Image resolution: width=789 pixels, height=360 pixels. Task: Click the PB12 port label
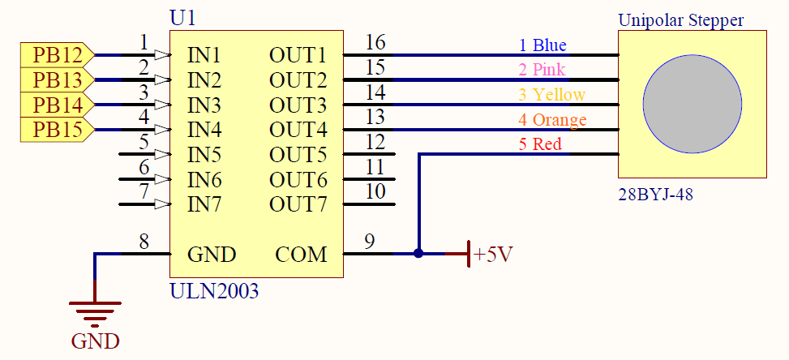(58, 55)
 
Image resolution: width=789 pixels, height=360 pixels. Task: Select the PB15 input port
(58, 130)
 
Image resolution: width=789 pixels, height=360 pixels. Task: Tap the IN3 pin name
(204, 105)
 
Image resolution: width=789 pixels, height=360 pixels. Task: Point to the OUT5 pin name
(298, 155)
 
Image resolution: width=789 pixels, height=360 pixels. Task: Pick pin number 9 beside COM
(370, 242)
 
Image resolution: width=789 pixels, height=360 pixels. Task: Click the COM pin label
(301, 255)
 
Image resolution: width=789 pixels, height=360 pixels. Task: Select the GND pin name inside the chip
(212, 255)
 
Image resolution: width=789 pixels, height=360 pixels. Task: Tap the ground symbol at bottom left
(95, 315)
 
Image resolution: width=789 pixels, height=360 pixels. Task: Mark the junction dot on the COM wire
(418, 254)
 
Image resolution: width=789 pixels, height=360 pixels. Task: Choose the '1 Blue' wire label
(542, 45)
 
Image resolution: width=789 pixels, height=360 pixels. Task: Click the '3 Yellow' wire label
(552, 95)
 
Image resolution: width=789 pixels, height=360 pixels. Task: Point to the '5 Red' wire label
(540, 144)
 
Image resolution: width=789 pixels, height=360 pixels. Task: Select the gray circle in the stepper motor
(692, 104)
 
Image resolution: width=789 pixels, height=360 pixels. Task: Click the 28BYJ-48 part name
(656, 194)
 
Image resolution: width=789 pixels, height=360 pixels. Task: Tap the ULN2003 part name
(214, 291)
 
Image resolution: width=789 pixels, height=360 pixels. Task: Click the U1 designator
(182, 19)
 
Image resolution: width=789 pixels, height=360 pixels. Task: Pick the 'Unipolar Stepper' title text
(681, 20)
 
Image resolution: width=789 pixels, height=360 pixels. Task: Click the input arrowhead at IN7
(162, 204)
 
